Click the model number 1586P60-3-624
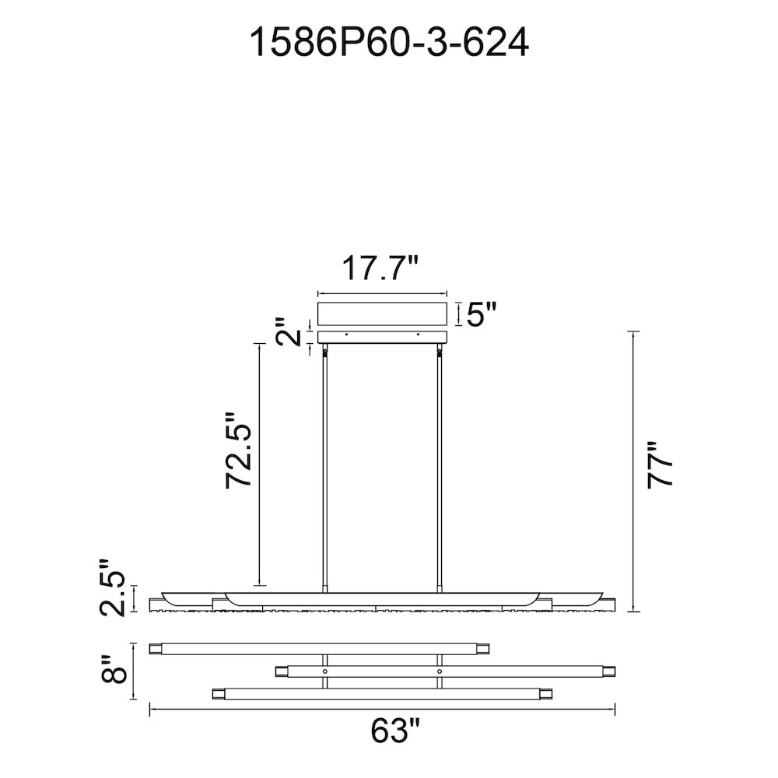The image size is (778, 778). point(389,43)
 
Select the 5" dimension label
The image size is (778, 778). point(482,314)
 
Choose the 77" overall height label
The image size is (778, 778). point(661,465)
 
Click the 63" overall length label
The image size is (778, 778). point(395,730)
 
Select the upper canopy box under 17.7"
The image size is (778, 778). point(383,314)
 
